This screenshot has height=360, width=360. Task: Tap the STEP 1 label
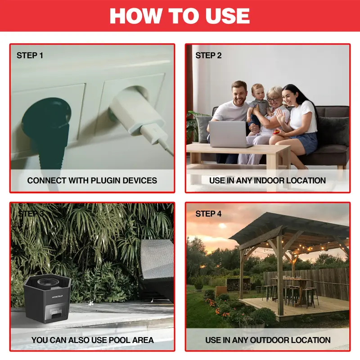(x=30, y=55)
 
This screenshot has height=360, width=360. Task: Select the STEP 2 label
(x=208, y=55)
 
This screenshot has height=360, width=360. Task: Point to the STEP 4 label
(x=208, y=214)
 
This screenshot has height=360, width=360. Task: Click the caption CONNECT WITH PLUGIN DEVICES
(x=92, y=180)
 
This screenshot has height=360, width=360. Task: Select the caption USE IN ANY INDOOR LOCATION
(x=267, y=180)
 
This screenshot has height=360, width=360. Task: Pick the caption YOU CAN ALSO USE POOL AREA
(x=92, y=340)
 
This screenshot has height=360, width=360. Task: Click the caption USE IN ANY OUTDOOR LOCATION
(x=268, y=340)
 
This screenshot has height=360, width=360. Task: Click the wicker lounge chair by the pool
(x=155, y=270)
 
